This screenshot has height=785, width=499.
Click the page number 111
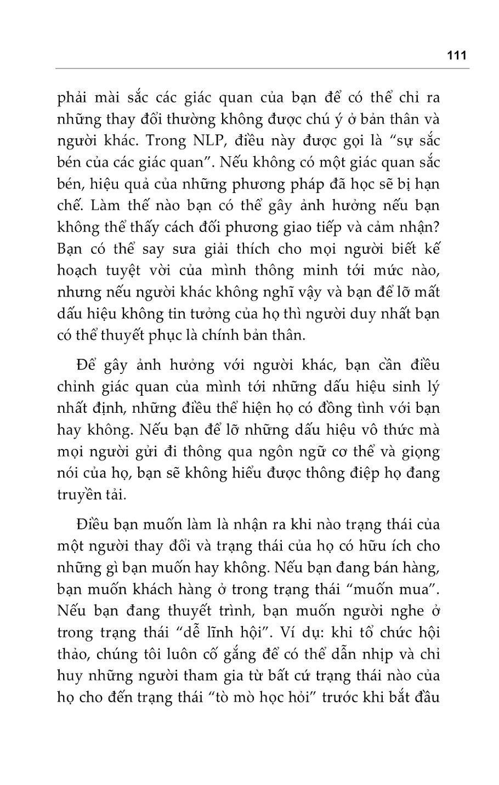pos(456,55)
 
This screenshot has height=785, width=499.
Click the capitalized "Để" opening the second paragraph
pos(86,366)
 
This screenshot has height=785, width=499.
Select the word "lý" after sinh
pos(433,388)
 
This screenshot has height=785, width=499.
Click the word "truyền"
pos(79,495)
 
